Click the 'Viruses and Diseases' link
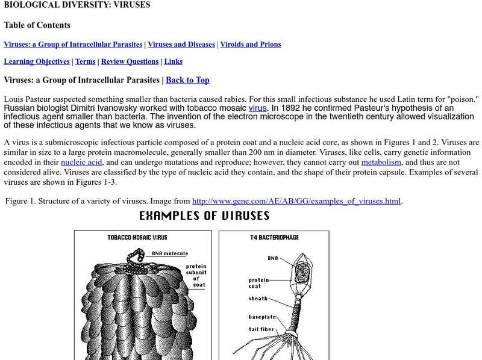[x=181, y=45]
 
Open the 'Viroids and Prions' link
[x=250, y=45]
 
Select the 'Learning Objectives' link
[x=37, y=61]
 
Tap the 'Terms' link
[x=86, y=61]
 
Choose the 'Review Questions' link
[x=130, y=61]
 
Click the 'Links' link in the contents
[x=173, y=61]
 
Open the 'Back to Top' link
[x=187, y=80]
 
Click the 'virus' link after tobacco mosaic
[x=257, y=108]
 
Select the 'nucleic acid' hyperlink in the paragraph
[x=82, y=162]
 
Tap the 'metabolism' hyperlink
[x=381, y=162]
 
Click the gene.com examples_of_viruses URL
[x=296, y=201]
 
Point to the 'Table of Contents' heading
[x=37, y=25]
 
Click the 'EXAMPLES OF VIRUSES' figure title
[x=204, y=216]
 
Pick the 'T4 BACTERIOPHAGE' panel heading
[x=274, y=238]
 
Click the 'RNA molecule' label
[x=170, y=254]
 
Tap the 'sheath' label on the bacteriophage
[x=258, y=299]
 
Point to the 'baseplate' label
[x=262, y=317]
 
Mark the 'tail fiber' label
[x=263, y=329]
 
